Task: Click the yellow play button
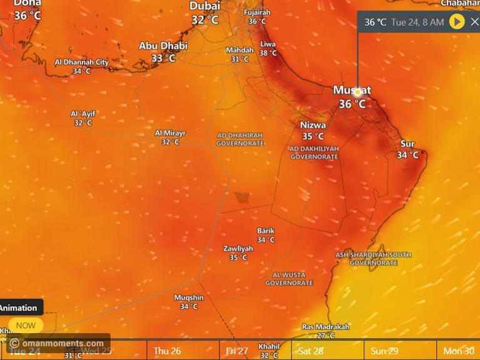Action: [457, 22]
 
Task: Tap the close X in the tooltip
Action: [474, 22]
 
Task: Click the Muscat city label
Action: [352, 90]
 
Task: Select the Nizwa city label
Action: [313, 125]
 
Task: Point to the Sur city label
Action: [407, 144]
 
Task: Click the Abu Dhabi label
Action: [163, 46]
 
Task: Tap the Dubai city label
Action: [205, 6]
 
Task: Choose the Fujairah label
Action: [257, 12]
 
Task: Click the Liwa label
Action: [268, 44]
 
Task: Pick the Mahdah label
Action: [240, 50]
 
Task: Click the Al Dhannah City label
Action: [82, 62]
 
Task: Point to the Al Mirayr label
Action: [170, 133]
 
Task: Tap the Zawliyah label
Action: [238, 249]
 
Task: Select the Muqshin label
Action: [189, 297]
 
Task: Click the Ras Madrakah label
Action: [326, 327]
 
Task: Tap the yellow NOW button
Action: [26, 325]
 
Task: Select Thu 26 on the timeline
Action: [167, 351]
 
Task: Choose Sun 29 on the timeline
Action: [384, 351]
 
